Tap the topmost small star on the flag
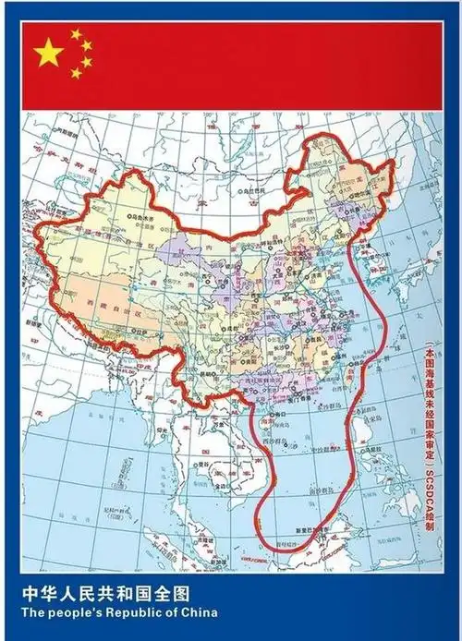tap(76, 34)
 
